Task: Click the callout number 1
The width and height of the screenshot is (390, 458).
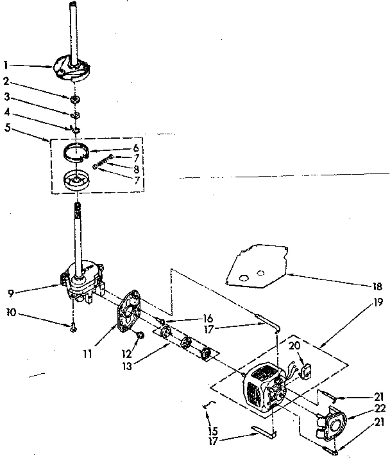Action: pyautogui.click(x=5, y=64)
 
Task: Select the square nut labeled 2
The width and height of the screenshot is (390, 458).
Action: pyautogui.click(x=75, y=99)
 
